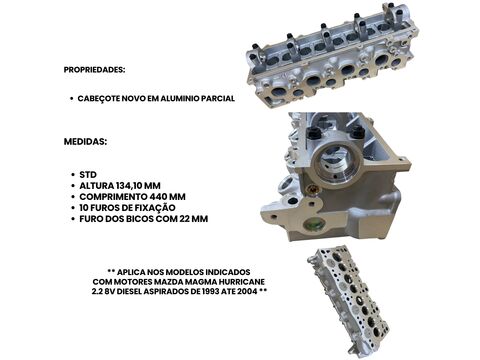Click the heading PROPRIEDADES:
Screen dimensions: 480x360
coord(94,70)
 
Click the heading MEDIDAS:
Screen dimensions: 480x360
coord(85,141)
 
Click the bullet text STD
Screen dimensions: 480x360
coord(88,175)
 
